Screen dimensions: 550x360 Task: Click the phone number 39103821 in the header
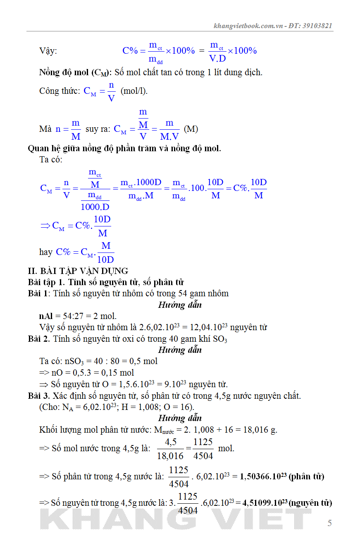coord(317,26)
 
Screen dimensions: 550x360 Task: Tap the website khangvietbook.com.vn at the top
coord(248,26)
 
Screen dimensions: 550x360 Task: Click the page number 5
coord(329,523)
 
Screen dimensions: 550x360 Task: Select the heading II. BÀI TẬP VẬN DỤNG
coord(78,271)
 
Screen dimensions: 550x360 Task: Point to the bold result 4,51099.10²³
coord(265,503)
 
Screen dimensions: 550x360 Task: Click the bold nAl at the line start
coord(46,316)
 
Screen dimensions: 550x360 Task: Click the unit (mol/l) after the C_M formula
coord(134,91)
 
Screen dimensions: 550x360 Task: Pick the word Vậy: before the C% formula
coord(48,51)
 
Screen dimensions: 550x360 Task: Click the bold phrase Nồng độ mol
coord(64,72)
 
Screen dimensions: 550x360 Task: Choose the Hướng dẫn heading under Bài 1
coord(180,305)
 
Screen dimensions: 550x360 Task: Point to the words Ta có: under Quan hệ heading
coord(51,160)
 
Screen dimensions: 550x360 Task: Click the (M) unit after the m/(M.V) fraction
coord(191,129)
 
